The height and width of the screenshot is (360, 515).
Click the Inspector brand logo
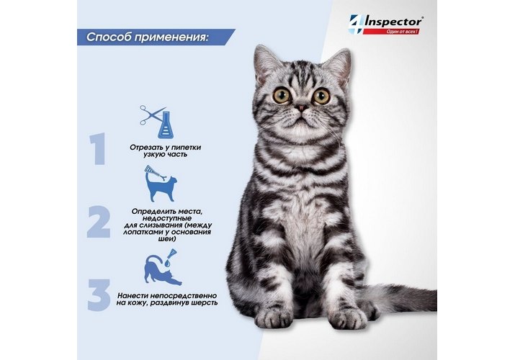coord(385,24)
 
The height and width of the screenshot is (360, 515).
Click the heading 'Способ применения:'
coord(148,37)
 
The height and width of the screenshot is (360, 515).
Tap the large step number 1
coord(97,148)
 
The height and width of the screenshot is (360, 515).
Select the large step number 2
coord(99,222)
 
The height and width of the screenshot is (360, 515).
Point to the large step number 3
coord(99,294)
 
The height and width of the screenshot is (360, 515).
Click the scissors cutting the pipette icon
coord(157,121)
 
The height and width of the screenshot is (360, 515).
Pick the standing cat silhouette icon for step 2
coord(161,184)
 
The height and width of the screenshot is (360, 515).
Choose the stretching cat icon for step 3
coord(163,267)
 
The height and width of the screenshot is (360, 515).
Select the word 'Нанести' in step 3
coord(130,296)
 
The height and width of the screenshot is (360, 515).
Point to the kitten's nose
coord(300,107)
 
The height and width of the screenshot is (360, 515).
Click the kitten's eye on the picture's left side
coord(282,96)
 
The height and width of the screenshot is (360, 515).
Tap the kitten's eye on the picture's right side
coord(321,96)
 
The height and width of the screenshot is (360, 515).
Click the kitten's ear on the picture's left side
coord(266,63)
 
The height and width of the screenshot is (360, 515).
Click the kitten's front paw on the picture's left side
coord(274,317)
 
